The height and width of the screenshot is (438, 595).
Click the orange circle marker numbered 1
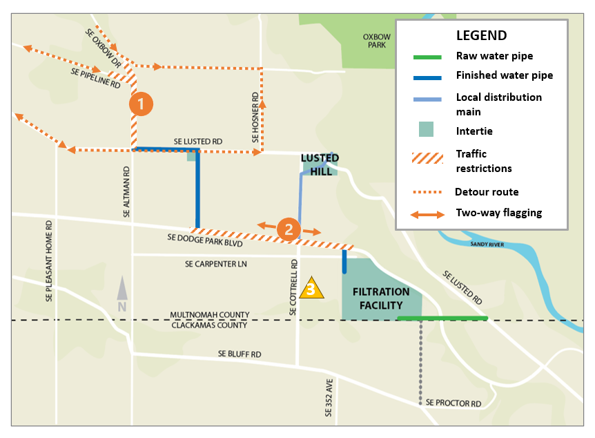coord(141,104)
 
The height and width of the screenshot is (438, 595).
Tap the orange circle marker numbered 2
coord(289,229)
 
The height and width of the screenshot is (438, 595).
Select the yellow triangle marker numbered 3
coord(311,287)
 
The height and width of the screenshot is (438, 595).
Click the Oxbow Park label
coord(376,41)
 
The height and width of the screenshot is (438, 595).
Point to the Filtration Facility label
coord(381,298)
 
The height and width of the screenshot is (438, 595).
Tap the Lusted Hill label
coord(320,164)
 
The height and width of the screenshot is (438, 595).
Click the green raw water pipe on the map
coord(442,318)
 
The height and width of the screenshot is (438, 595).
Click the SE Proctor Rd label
coord(452,402)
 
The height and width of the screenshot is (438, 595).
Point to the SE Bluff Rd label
coord(240,354)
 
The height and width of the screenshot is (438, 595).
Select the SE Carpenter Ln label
coord(215,264)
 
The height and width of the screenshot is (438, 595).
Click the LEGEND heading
coord(481,36)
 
